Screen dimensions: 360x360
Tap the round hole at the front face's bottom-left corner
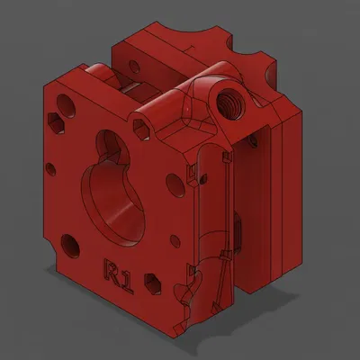pos(67,242)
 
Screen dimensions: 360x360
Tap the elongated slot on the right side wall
pos(238,231)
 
